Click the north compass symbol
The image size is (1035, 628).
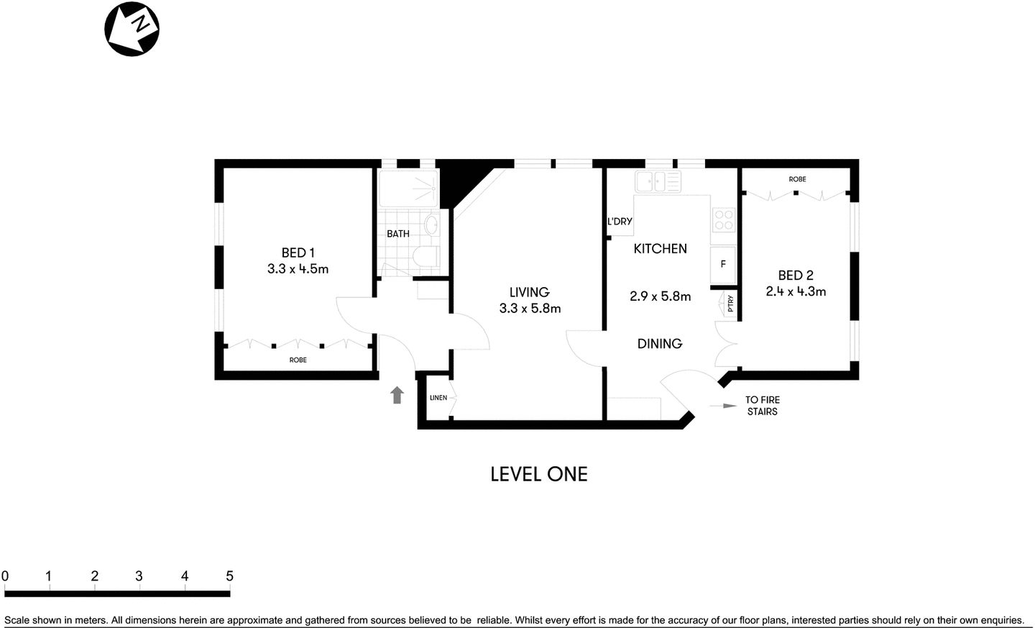132,29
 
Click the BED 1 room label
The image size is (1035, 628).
298,252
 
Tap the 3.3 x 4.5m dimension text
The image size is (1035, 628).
298,269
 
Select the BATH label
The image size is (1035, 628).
397,234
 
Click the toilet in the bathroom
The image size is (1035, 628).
425,257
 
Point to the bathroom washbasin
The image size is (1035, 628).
431,225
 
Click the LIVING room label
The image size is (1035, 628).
529,292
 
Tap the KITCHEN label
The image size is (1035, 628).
660,249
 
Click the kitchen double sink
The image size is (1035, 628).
658,182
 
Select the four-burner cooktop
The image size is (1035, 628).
723,219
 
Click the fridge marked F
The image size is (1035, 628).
723,264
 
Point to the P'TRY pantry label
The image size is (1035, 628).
730,304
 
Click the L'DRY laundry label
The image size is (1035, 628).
620,222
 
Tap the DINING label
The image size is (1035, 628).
659,344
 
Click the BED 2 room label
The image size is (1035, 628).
795,275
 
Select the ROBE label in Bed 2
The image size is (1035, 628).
797,179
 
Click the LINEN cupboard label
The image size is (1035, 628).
438,398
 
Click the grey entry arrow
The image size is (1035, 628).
397,395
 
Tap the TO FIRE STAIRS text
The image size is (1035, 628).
762,406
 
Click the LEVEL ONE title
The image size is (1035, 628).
538,474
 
